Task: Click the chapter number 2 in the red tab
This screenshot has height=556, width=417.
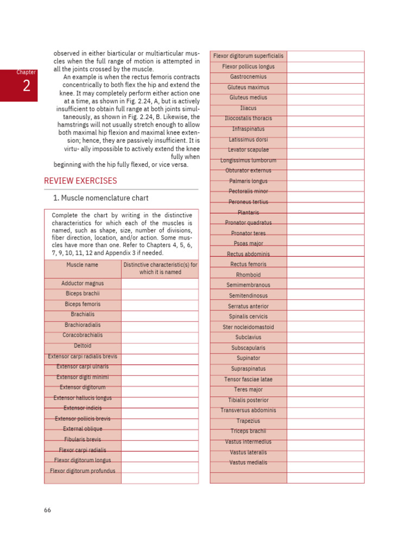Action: pyautogui.click(x=26, y=87)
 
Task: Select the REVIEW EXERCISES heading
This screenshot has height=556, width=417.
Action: pyautogui.click(x=80, y=181)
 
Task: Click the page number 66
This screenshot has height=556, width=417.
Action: pyautogui.click(x=48, y=510)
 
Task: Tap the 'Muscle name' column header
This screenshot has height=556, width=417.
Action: pyautogui.click(x=83, y=265)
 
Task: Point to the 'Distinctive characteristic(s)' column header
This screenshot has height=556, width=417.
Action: pyautogui.click(x=160, y=268)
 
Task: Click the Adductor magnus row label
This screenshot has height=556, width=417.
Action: pyautogui.click(x=83, y=283)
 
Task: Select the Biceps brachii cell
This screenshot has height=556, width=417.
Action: pyautogui.click(x=83, y=294)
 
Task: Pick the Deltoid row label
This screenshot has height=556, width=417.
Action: pyautogui.click(x=83, y=346)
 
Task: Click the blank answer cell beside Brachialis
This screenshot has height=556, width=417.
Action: pyautogui.click(x=160, y=315)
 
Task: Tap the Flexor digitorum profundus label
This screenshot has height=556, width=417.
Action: pyautogui.click(x=83, y=471)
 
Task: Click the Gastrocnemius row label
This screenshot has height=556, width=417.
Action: pyautogui.click(x=248, y=77)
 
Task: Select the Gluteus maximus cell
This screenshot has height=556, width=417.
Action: pyautogui.click(x=248, y=87)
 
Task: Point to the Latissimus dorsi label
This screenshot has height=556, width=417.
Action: pyautogui.click(x=248, y=140)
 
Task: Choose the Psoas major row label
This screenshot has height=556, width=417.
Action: pyautogui.click(x=248, y=244)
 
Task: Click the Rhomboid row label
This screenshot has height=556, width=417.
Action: pyautogui.click(x=248, y=275)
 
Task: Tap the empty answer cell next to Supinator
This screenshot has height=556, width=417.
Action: pyautogui.click(x=325, y=358)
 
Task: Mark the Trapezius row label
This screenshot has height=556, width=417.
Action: pyautogui.click(x=248, y=421)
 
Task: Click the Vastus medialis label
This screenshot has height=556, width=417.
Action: pyautogui.click(x=248, y=463)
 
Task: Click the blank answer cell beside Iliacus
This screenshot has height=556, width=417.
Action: pyautogui.click(x=325, y=109)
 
